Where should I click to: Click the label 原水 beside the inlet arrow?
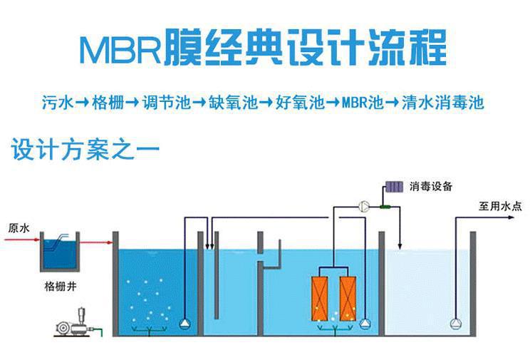(x=19, y=229)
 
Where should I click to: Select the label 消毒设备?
(x=431, y=187)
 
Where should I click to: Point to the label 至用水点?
(x=499, y=207)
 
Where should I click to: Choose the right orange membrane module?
(x=349, y=297)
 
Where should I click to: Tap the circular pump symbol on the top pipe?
(x=363, y=206)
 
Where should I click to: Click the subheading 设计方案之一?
(x=85, y=150)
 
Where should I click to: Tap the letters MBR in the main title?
(x=118, y=49)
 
